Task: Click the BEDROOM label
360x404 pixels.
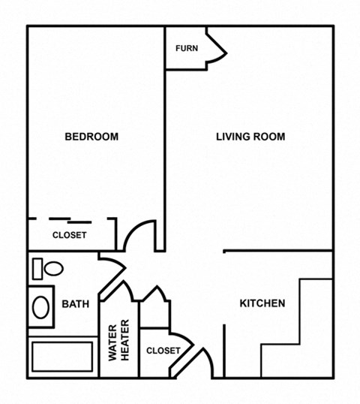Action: [x=91, y=136]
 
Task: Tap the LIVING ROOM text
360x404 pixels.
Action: [x=250, y=136]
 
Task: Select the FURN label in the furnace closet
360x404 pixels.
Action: [x=187, y=48]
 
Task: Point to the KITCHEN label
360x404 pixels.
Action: [x=262, y=303]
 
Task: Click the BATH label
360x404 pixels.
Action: [x=75, y=304]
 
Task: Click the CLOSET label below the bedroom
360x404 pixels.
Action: [x=69, y=235]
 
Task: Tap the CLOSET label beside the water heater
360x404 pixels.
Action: [x=163, y=351]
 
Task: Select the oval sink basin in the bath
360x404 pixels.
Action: [x=41, y=306]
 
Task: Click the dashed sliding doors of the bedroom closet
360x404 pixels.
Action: [x=71, y=219]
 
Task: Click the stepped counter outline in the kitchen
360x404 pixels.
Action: [x=296, y=323]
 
